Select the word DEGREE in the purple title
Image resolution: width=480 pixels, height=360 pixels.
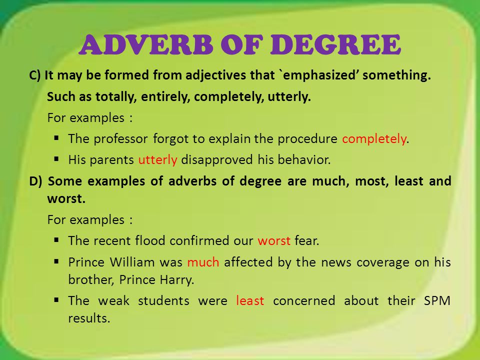click(335, 44)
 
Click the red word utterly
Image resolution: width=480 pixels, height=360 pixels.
click(157, 160)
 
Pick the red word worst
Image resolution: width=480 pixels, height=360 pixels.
click(274, 241)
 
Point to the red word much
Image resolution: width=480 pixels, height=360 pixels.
click(203, 262)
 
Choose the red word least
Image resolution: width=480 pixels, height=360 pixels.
click(250, 300)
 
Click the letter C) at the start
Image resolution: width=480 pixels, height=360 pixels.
click(34, 75)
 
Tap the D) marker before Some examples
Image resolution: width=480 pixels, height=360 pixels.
click(35, 181)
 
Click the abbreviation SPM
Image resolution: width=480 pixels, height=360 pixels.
click(437, 300)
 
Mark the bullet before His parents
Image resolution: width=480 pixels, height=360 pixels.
click(56, 159)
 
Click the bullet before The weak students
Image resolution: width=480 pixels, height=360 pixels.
click(56, 300)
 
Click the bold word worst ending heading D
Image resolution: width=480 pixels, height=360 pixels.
click(66, 199)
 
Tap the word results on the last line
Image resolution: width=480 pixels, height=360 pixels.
click(89, 318)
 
